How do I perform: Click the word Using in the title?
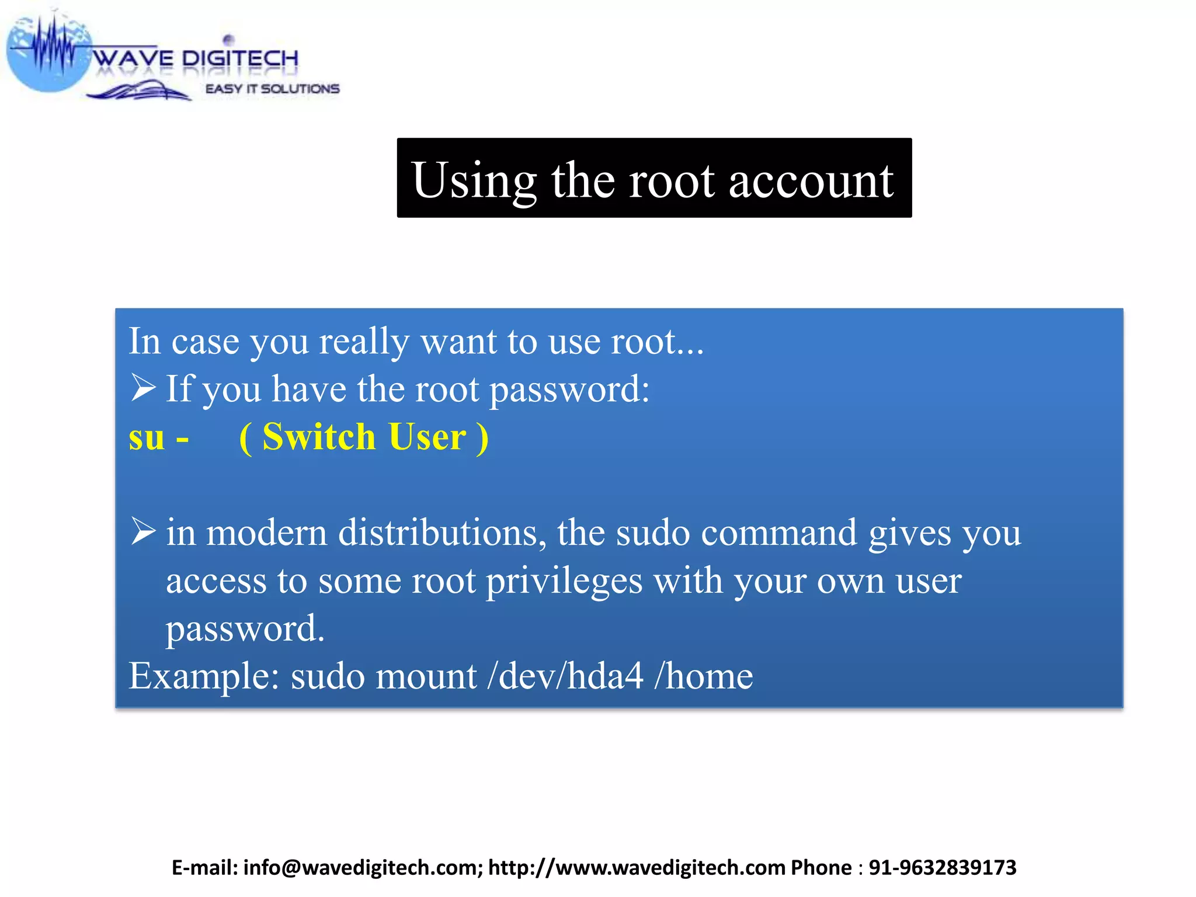click(474, 181)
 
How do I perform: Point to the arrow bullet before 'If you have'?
click(143, 388)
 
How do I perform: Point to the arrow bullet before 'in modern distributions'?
click(143, 531)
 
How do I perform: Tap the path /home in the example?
click(704, 676)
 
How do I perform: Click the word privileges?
click(564, 582)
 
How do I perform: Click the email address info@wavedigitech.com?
click(363, 868)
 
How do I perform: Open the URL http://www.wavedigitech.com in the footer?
click(637, 868)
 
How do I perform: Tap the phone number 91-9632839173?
click(942, 868)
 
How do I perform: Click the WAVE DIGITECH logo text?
click(196, 58)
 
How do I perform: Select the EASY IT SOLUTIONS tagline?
click(272, 89)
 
